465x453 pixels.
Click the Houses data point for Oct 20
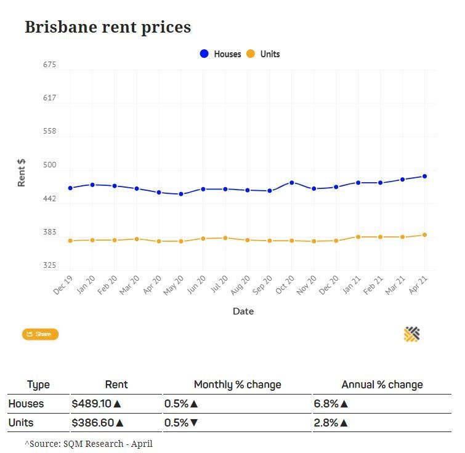click(x=291, y=183)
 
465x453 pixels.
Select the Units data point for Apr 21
click(x=424, y=235)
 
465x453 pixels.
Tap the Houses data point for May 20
click(x=181, y=194)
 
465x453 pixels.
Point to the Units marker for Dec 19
click(x=70, y=241)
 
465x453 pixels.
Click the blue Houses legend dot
click(x=204, y=54)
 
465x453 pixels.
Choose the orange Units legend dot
click(x=251, y=54)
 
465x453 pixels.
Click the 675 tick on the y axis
click(x=49, y=65)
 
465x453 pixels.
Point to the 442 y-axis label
click(x=49, y=199)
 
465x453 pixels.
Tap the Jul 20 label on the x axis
click(x=219, y=284)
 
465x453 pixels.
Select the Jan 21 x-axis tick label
click(x=352, y=284)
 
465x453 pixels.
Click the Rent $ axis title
click(x=22, y=173)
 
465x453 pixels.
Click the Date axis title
click(x=243, y=311)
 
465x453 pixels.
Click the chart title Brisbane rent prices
click(x=108, y=27)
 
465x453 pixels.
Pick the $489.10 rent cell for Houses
click(x=96, y=404)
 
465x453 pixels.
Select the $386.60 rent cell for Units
click(x=97, y=422)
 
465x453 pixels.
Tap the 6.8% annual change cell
click(x=331, y=404)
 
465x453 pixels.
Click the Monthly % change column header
click(x=238, y=385)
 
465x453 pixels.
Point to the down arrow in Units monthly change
click(x=194, y=422)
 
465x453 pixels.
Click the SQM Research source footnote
click(x=89, y=444)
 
